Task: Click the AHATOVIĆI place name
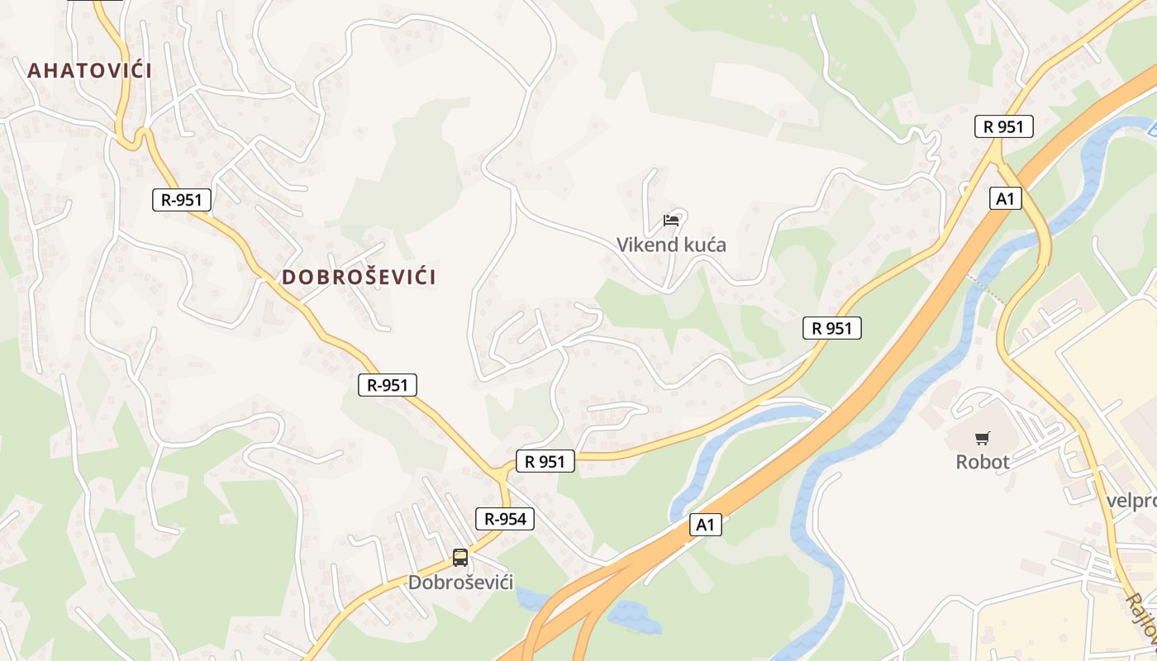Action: coord(89,70)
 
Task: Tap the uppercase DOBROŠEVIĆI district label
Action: coord(359,277)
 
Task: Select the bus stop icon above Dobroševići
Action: coord(460,558)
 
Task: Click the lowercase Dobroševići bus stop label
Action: coord(460,583)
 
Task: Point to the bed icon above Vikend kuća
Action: coord(671,221)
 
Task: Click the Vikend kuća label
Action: coord(671,245)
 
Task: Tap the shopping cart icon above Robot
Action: coord(982,438)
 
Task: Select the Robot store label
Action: coord(983,462)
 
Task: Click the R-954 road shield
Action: coord(504,519)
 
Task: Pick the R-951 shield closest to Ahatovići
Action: coord(182,199)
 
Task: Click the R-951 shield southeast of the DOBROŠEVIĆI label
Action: coord(388,384)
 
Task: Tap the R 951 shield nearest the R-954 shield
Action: coord(545,461)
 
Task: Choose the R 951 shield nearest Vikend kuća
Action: coord(831,328)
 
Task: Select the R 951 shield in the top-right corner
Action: coord(1003,126)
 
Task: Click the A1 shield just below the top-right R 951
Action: coord(1005,198)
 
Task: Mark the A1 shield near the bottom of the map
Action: coord(705,525)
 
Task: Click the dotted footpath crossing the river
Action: coord(986,290)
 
